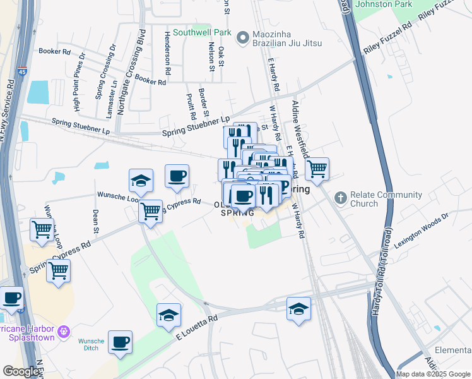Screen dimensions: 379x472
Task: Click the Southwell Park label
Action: (193, 32)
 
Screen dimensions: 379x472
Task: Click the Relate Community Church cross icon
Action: (341, 199)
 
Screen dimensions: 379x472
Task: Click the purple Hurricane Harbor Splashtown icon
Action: (63, 331)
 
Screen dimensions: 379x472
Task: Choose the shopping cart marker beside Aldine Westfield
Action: (317, 168)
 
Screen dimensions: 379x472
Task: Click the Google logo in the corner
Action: (21, 371)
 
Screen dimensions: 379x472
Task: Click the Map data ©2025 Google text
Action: (433, 374)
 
